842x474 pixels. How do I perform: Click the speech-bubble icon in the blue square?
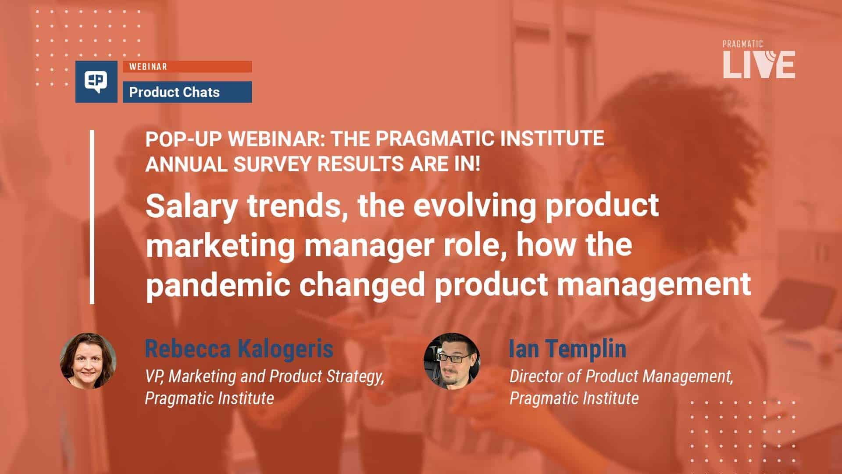(x=96, y=82)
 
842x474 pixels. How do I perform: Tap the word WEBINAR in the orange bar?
(x=148, y=67)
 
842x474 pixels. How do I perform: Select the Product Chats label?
(x=174, y=92)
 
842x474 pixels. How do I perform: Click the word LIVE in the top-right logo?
(x=759, y=65)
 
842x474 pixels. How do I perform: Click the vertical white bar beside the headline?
(x=92, y=217)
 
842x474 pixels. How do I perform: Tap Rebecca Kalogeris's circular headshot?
(x=88, y=361)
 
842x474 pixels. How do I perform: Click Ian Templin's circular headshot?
(x=452, y=361)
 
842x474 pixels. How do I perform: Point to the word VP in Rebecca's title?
(x=154, y=377)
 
